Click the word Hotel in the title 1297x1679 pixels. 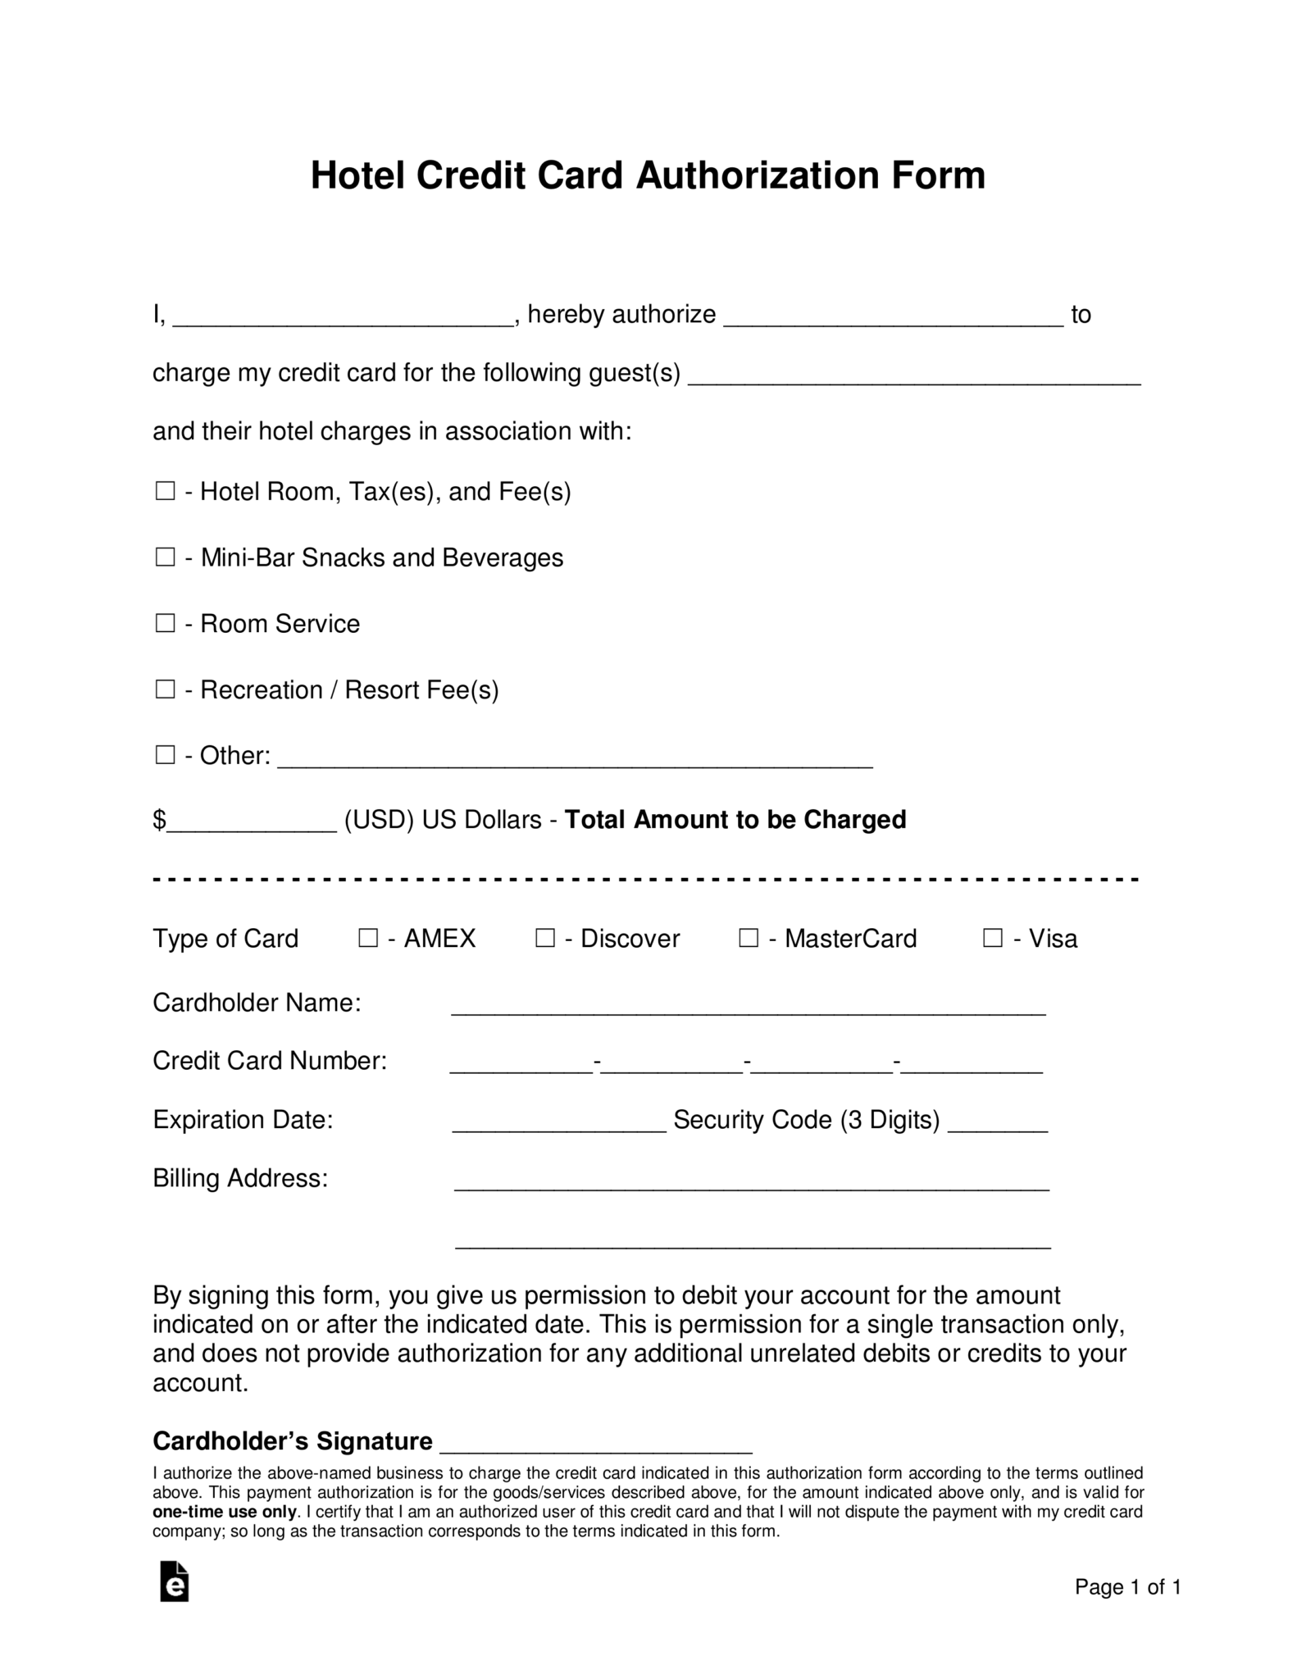click(357, 175)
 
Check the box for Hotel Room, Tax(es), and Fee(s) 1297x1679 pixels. click(166, 491)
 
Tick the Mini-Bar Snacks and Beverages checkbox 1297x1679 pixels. click(166, 557)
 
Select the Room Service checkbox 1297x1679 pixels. click(166, 623)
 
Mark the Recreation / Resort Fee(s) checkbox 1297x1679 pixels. click(166, 689)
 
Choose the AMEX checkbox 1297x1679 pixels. click(368, 938)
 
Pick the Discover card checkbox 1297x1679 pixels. click(545, 938)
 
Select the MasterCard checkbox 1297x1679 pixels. click(749, 938)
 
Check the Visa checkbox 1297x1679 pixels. click(993, 938)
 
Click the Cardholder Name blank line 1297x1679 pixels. click(748, 1008)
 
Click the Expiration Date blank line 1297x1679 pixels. click(559, 1126)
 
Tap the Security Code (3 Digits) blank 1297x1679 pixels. click(997, 1126)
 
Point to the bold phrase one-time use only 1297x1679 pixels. click(224, 1512)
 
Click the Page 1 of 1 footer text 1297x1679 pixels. click(1127, 1587)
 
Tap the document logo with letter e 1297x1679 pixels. click(174, 1581)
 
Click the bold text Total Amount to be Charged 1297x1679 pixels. click(735, 820)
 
